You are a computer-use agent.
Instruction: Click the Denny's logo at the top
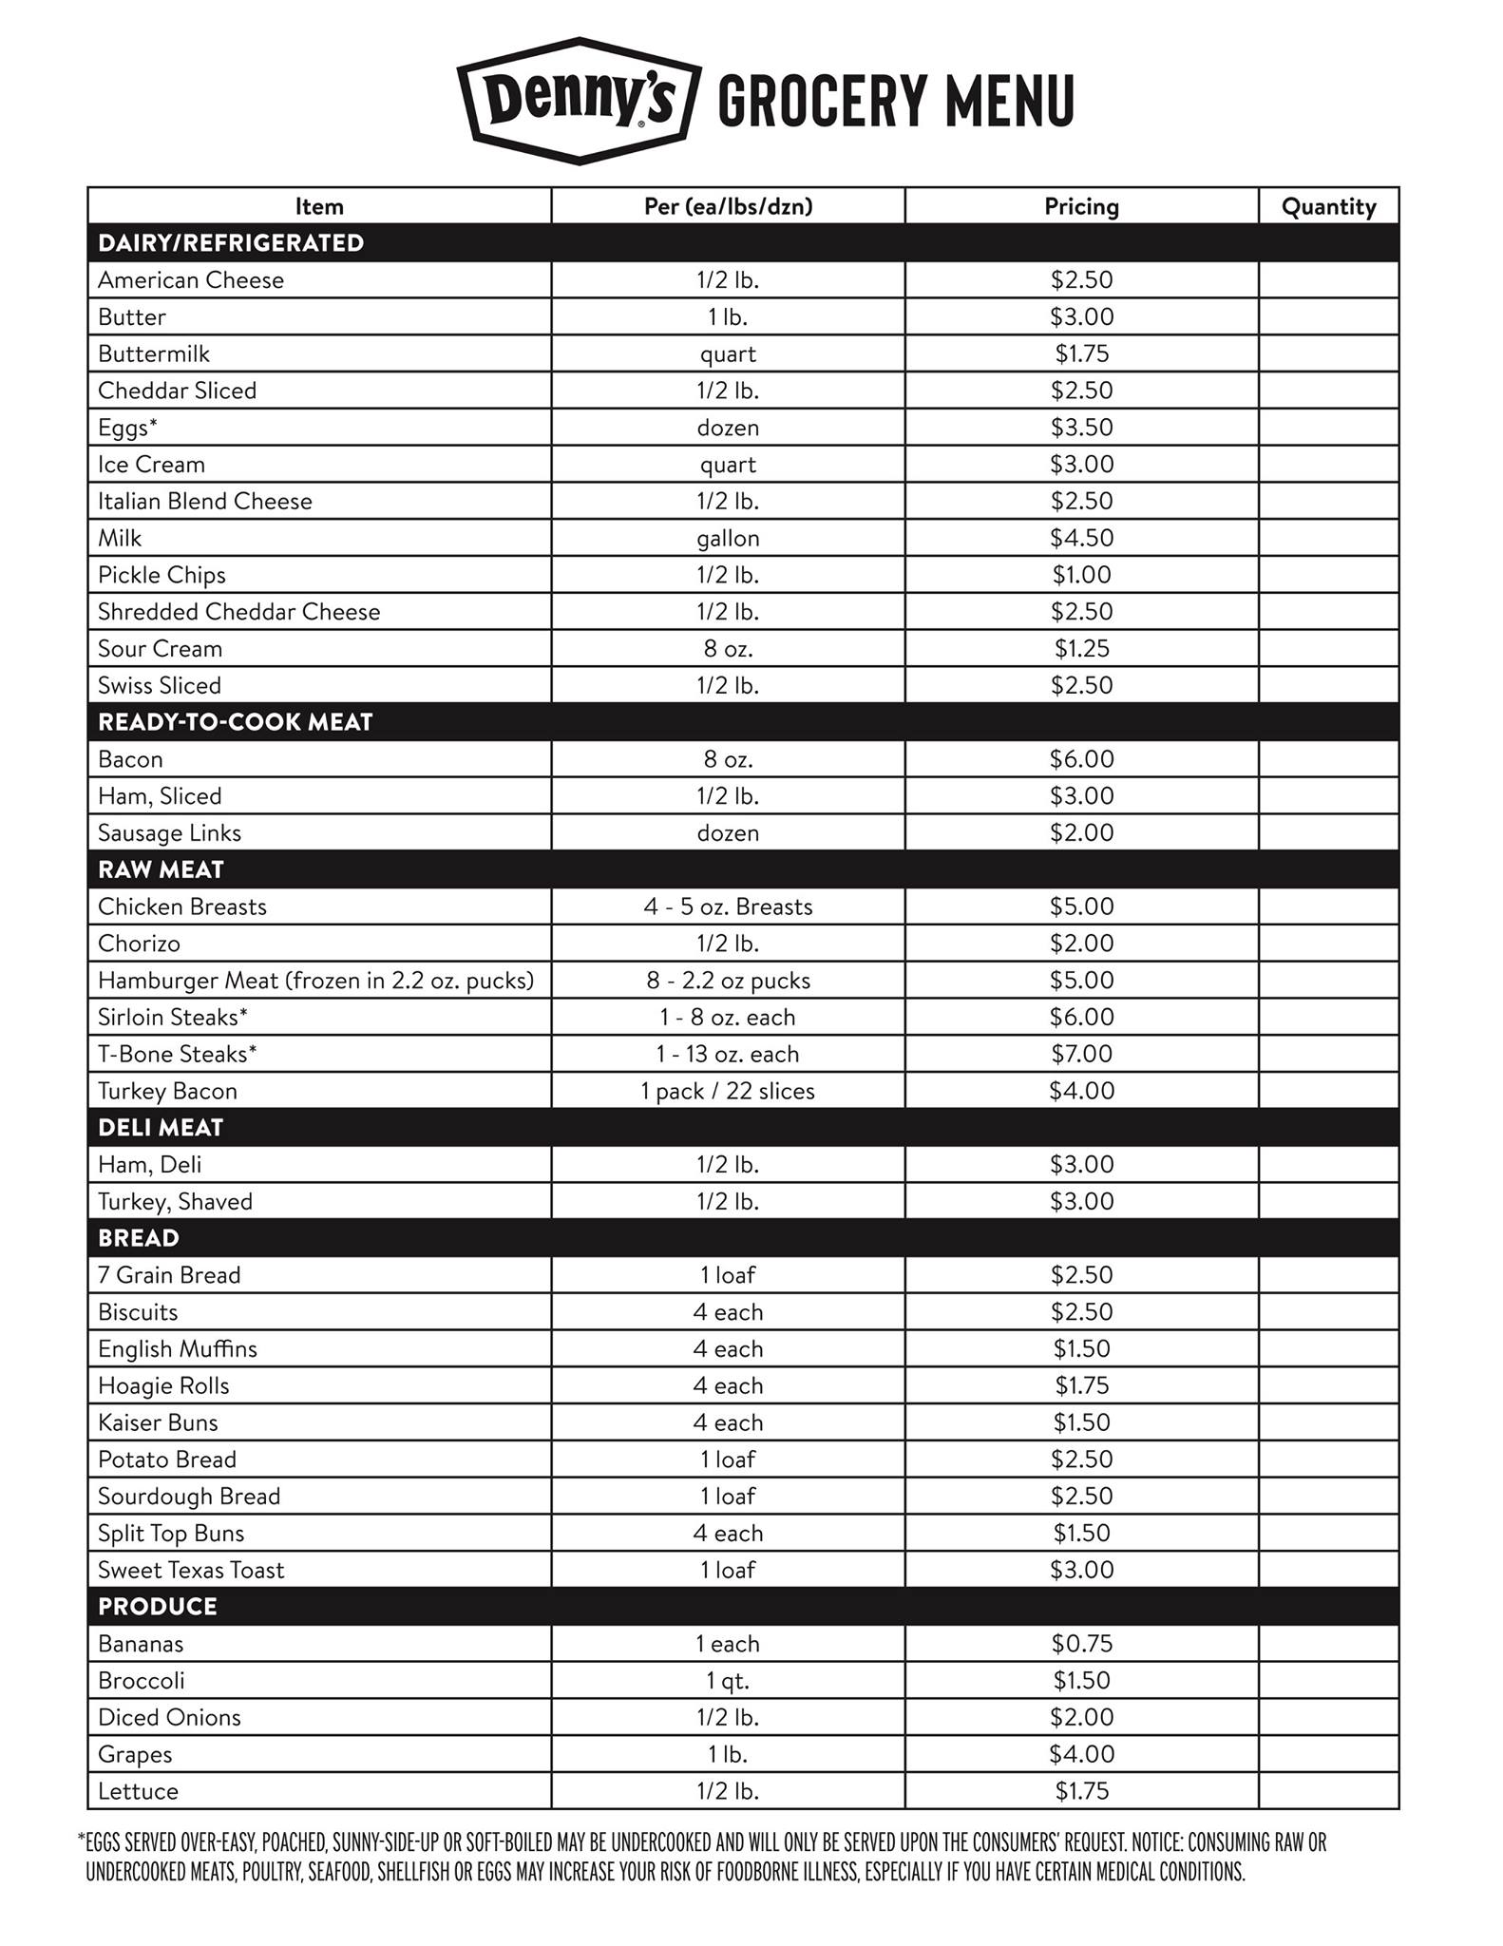pos(580,100)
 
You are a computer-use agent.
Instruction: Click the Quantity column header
pos(1328,206)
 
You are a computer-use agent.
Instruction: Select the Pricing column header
pos(1081,206)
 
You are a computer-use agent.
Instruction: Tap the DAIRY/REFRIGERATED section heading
pos(231,243)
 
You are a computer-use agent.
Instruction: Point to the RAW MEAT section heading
pos(161,869)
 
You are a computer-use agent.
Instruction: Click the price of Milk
pos(1081,538)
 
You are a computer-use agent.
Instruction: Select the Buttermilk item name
pos(154,353)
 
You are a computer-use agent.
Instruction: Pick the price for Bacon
pos(1081,759)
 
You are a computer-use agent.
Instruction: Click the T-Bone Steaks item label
pos(178,1054)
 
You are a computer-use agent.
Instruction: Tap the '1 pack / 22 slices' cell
pos(728,1091)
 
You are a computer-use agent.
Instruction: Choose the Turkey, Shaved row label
pos(176,1201)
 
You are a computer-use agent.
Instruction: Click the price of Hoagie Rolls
pos(1081,1385)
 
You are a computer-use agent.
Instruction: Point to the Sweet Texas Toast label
pos(191,1570)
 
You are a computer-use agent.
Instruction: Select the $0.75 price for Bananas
pos(1081,1643)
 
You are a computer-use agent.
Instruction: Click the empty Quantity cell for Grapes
pos(1328,1754)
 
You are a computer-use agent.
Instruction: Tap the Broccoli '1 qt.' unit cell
pos(728,1680)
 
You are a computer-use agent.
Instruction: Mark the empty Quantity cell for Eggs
pos(1328,428)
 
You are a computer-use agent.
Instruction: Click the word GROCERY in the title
pos(821,100)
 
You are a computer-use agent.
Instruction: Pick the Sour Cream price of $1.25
pos(1081,649)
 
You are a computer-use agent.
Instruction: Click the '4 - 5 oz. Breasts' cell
pos(728,906)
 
